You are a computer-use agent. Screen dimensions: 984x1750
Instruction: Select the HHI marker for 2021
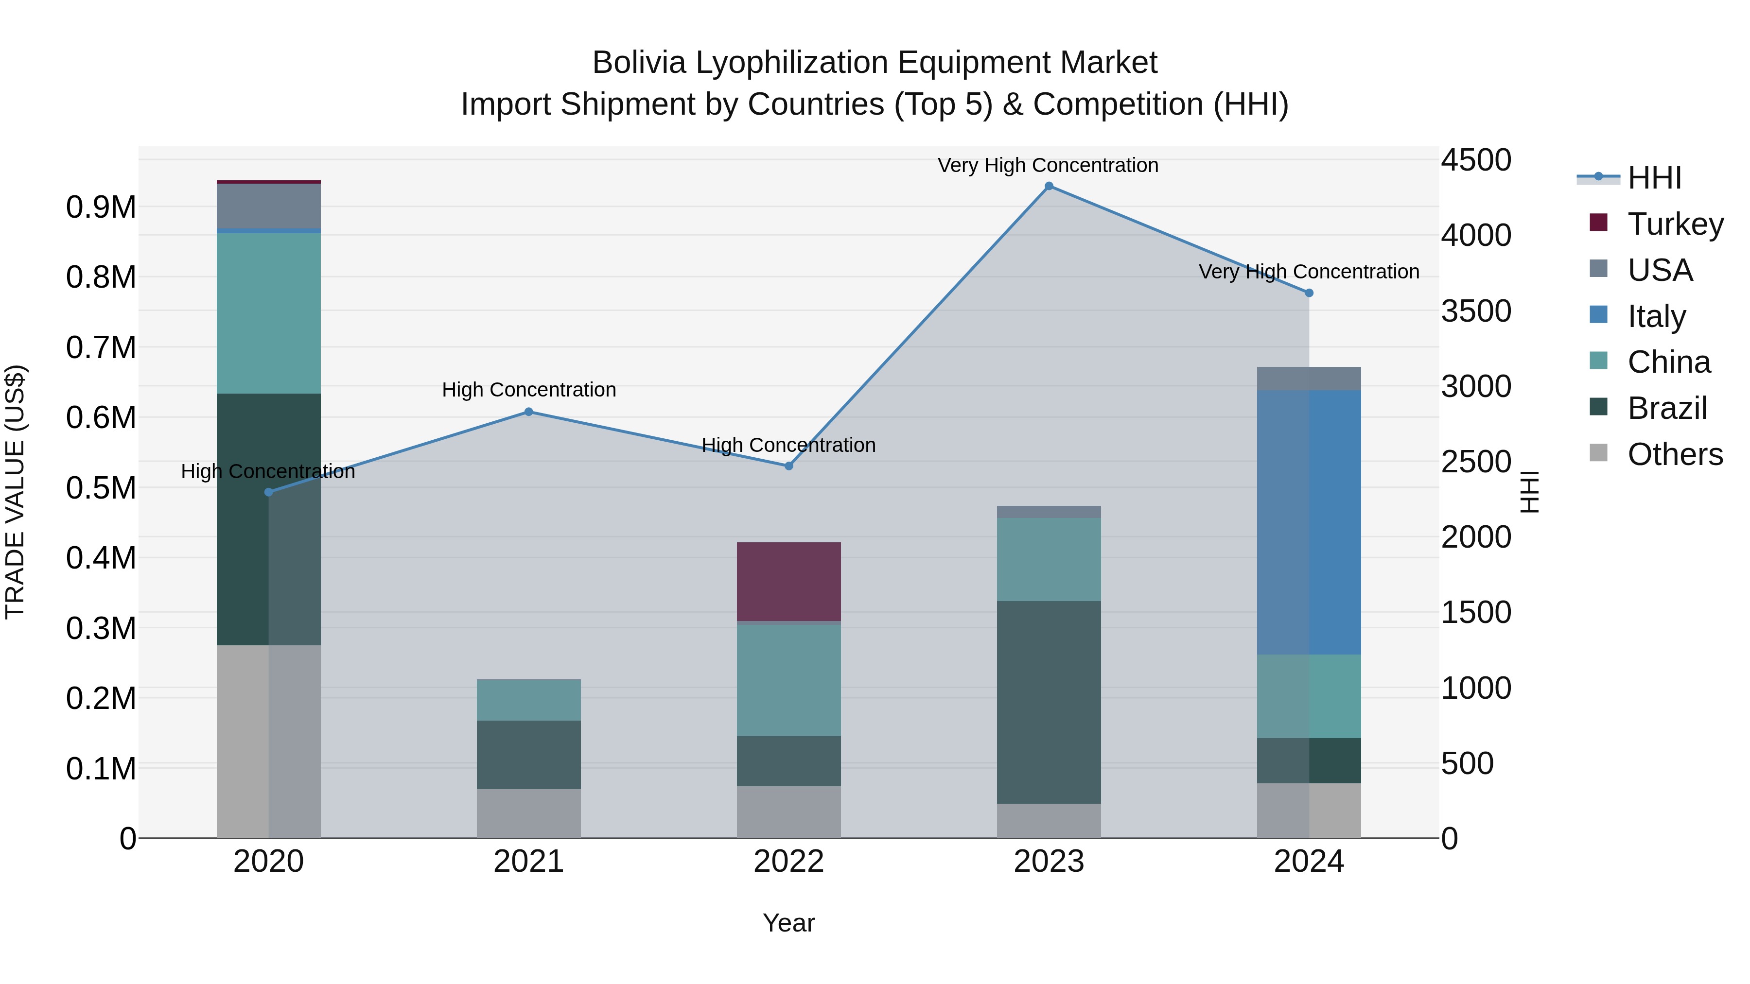click(x=528, y=412)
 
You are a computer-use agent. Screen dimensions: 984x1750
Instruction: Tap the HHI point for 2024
click(x=1309, y=293)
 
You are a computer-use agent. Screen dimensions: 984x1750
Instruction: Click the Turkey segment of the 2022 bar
click(x=789, y=581)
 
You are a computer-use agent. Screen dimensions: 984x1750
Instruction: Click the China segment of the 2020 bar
click(x=268, y=313)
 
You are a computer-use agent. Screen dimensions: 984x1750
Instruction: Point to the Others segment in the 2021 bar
click(x=528, y=813)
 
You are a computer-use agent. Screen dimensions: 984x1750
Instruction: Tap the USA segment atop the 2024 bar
click(x=1309, y=378)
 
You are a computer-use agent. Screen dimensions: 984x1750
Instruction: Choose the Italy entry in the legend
click(x=1656, y=316)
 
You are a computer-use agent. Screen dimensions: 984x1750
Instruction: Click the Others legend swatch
click(x=1598, y=453)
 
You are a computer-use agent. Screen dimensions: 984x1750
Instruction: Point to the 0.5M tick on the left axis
click(x=101, y=488)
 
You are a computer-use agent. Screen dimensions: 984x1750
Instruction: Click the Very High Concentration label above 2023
click(x=1048, y=165)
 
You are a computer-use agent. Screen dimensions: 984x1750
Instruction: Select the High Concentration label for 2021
click(x=528, y=390)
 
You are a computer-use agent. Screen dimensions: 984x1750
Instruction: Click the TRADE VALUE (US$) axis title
click(x=15, y=492)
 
